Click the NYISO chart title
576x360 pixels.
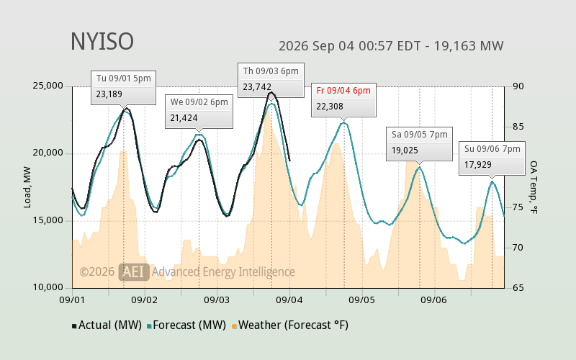click(x=102, y=42)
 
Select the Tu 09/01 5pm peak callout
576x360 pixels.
click(x=123, y=87)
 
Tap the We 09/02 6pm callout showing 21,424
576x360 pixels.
click(x=199, y=112)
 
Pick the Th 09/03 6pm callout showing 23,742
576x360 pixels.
click(x=271, y=80)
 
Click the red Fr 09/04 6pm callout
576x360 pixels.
click(x=343, y=100)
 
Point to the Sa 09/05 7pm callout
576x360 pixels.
click(x=419, y=144)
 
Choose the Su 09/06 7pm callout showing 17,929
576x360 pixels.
click(x=492, y=158)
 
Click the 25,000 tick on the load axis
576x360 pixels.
click(x=48, y=86)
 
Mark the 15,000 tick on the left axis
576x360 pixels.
click(x=48, y=220)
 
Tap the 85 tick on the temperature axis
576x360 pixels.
click(x=518, y=127)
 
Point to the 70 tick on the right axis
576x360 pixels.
click(x=518, y=248)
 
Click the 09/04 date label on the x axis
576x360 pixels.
click(x=290, y=300)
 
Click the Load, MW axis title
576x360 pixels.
click(x=27, y=187)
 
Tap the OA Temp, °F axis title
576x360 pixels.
click(x=534, y=187)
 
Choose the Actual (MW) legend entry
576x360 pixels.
click(x=107, y=325)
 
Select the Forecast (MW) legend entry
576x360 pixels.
click(x=186, y=325)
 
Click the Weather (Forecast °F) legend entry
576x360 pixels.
click(x=290, y=325)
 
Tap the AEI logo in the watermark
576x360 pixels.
click(x=134, y=272)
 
